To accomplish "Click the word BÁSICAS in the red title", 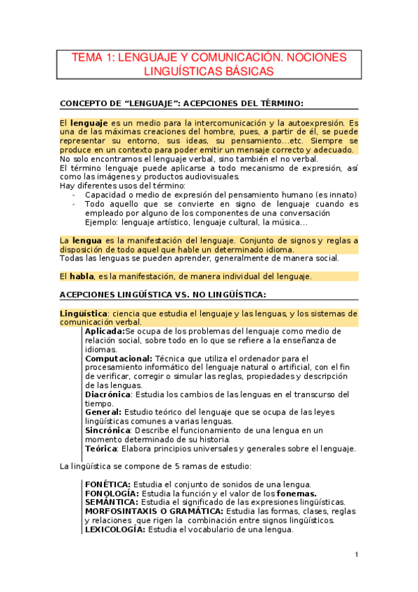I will (x=244, y=71).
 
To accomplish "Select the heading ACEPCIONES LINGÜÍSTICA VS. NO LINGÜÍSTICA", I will (x=163, y=295).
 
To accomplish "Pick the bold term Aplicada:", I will (x=105, y=331).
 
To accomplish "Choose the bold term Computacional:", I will (x=119, y=358).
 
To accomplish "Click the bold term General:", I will (x=105, y=413).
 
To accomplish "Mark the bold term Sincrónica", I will (x=107, y=431).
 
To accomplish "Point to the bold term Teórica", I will (x=100, y=449).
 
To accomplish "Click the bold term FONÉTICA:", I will (x=107, y=484).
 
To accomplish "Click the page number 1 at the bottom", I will (x=356, y=555).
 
